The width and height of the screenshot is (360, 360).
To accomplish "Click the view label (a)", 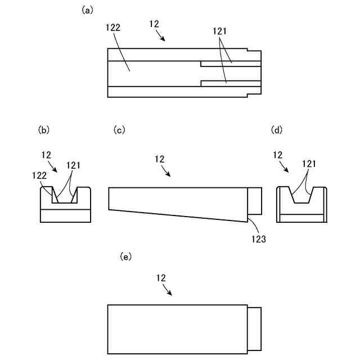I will tap(87, 10).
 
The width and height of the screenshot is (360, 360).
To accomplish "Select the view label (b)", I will tap(44, 130).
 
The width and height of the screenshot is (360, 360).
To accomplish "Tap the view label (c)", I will tap(119, 130).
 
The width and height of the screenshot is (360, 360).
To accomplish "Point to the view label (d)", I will tap(277, 130).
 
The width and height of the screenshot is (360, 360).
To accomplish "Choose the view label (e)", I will tap(127, 256).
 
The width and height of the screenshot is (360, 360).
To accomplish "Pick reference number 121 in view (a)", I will tap(220, 31).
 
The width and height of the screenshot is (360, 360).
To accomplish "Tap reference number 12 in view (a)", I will tap(154, 24).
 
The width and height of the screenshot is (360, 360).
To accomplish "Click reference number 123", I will tap(259, 238).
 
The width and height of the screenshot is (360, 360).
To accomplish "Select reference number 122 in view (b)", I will tap(38, 175).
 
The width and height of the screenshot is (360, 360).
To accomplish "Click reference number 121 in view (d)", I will tap(308, 164).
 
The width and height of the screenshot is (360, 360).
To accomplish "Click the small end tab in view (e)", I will tap(255, 329).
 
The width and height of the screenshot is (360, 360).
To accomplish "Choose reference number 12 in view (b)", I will tap(47, 154).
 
